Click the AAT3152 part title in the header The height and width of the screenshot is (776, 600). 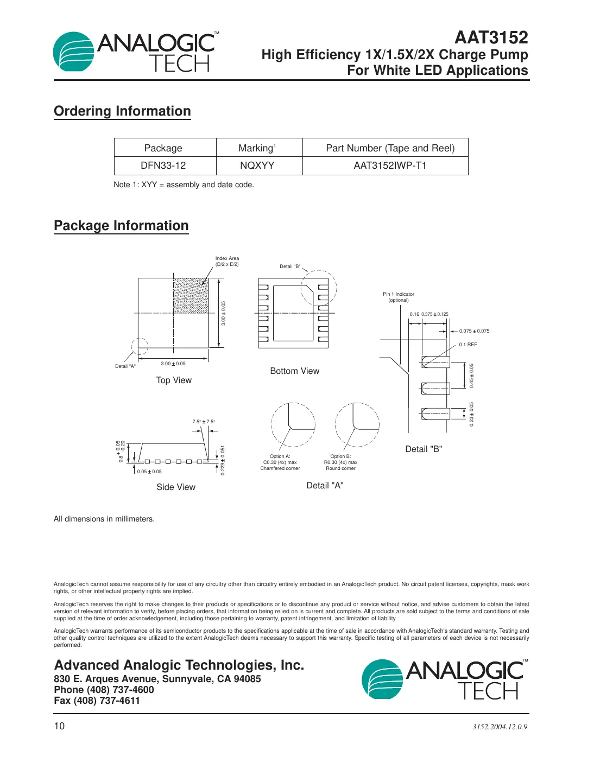tap(491, 37)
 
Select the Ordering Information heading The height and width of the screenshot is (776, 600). tap(122, 111)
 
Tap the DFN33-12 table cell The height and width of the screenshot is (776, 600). tap(163, 166)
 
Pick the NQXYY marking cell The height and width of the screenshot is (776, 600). tap(257, 166)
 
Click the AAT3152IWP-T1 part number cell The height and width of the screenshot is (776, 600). tap(390, 166)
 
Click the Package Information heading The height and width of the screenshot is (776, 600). tap(121, 226)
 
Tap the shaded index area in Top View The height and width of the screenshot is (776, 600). tap(191, 296)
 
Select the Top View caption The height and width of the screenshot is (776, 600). tap(174, 380)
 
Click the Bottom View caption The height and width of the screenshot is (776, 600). tap(294, 371)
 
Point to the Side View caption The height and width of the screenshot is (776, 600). tap(176, 487)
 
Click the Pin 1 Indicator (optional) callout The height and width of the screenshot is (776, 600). tap(399, 297)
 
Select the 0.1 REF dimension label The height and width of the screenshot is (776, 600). tap(468, 345)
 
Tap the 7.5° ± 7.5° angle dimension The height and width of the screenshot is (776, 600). tap(204, 422)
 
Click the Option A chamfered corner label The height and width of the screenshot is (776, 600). tap(280, 462)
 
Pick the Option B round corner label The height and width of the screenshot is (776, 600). tap(340, 462)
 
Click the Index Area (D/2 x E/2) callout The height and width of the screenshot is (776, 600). tap(227, 262)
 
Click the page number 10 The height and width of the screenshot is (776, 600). tap(59, 726)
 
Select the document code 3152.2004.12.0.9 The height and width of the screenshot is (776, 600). tap(500, 727)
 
